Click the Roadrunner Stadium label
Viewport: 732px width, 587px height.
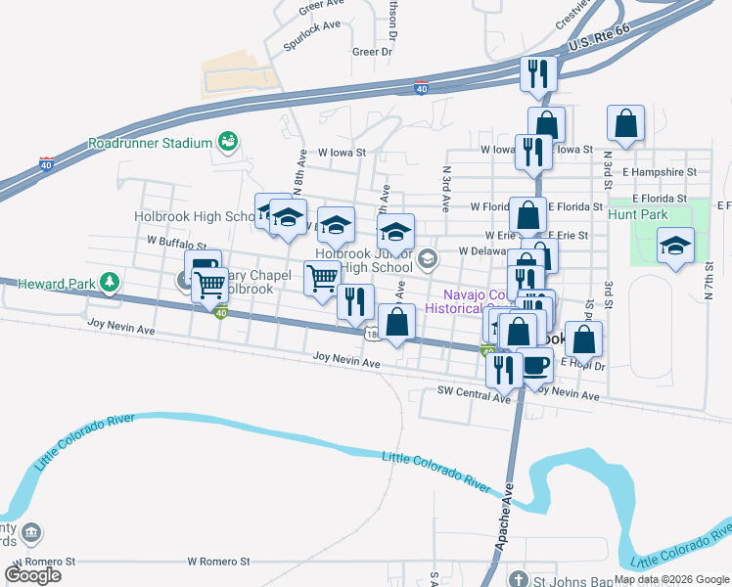[150, 143]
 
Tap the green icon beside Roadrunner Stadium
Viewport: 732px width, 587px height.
[228, 142]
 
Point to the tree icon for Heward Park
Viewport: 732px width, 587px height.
[111, 283]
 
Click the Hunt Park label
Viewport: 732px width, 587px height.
[637, 213]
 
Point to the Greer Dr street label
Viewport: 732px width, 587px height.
[372, 52]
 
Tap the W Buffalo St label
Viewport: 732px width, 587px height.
[177, 240]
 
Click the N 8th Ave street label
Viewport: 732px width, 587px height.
[298, 181]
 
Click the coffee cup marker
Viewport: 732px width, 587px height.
[535, 364]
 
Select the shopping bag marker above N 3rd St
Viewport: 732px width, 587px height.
[625, 123]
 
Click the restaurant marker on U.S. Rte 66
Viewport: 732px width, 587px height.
[538, 72]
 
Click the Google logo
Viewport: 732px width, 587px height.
[33, 574]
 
